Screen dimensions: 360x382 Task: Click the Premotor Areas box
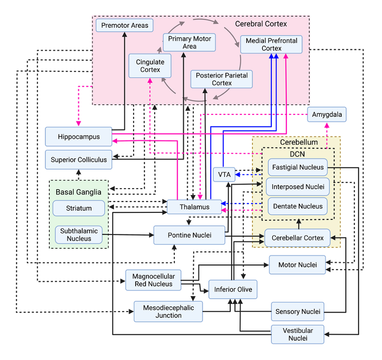(x=124, y=25)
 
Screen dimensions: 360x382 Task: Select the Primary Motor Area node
(x=189, y=43)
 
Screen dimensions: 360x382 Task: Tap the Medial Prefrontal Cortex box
(x=271, y=44)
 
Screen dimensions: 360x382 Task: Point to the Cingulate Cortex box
(x=150, y=66)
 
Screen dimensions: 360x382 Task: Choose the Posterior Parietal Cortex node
(x=221, y=79)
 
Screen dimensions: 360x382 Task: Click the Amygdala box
(x=327, y=115)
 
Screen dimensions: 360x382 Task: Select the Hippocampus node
(x=78, y=137)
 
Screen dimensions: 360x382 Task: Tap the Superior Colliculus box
(x=78, y=159)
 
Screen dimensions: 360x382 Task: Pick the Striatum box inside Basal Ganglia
(x=79, y=208)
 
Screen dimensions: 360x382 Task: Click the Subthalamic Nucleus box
(x=79, y=235)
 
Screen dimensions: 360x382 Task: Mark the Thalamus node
(x=194, y=207)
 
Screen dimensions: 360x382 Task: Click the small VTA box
(x=224, y=175)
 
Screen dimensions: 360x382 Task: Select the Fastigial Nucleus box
(x=298, y=167)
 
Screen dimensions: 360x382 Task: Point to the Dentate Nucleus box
(x=298, y=206)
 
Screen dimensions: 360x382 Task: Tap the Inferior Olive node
(x=233, y=289)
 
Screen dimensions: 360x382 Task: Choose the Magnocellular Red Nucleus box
(x=153, y=280)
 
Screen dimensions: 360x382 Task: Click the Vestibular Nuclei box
(x=298, y=334)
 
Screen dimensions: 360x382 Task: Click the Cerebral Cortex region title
(x=261, y=24)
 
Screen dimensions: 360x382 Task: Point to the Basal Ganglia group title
(x=78, y=192)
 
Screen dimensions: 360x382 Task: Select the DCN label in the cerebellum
(x=297, y=154)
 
